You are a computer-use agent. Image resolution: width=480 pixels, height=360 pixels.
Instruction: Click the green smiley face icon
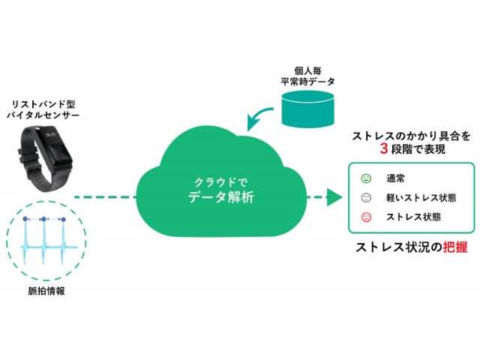[365, 179]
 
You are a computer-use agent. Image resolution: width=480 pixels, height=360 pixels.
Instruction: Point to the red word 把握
[451, 247]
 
